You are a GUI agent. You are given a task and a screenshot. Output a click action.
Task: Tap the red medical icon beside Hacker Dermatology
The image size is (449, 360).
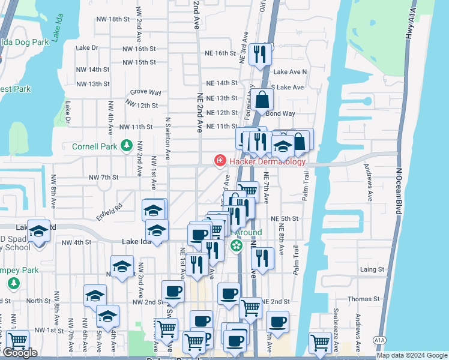220,161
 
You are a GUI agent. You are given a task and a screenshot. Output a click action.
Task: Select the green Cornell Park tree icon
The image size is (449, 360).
127,146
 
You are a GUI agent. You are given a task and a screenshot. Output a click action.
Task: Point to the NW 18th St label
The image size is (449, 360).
113,19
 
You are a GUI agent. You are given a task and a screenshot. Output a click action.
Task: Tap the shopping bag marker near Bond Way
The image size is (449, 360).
262,99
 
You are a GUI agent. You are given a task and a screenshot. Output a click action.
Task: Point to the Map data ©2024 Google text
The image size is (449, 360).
411,355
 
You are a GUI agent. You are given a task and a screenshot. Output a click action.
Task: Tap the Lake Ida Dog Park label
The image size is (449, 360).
24,42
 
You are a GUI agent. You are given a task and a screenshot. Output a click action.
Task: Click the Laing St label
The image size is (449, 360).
372,269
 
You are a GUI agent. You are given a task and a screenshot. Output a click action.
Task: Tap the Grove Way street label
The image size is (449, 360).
146,92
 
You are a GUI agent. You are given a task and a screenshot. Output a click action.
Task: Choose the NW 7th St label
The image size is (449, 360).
103,178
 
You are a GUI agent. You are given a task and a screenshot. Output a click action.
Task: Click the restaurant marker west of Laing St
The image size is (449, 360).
262,258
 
